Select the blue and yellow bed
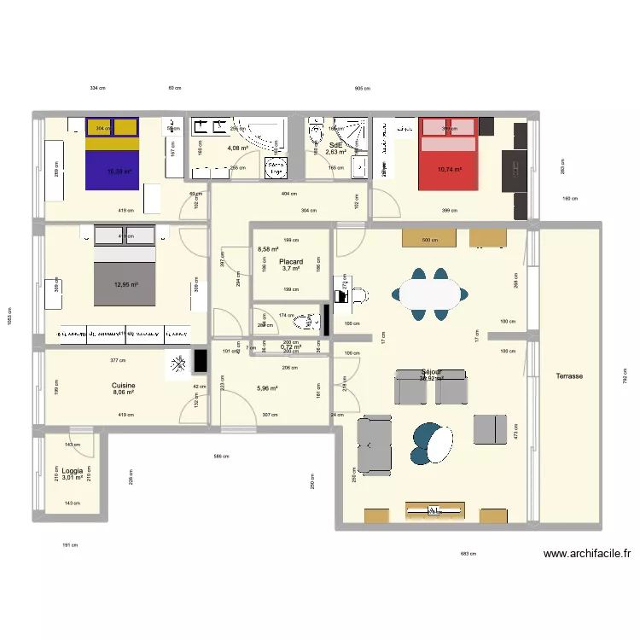(111, 154)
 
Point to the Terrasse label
(569, 375)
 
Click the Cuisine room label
(123, 386)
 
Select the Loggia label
(72, 470)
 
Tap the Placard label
(291, 262)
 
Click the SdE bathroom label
(335, 145)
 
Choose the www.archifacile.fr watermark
(586, 553)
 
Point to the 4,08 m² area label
(237, 148)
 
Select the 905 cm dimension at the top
(362, 88)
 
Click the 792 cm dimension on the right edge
(624, 375)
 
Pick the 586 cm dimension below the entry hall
(219, 457)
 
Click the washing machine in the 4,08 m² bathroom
(276, 167)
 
